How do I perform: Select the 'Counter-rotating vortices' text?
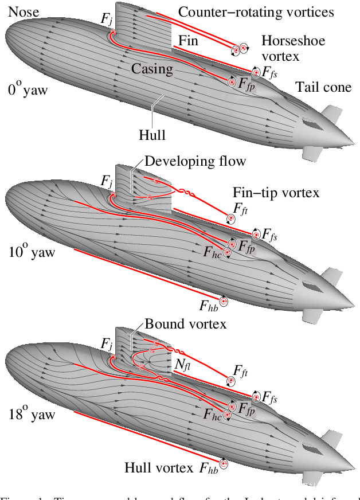256,12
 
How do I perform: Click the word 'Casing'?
152,69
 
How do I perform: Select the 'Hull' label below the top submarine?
152,135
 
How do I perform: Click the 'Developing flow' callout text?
195,161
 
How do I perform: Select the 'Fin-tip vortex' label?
276,192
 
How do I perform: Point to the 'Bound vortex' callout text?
185,324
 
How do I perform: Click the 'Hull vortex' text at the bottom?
159,468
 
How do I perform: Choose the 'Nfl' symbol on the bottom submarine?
183,365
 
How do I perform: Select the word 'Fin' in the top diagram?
189,41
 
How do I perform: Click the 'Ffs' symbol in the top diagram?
271,73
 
